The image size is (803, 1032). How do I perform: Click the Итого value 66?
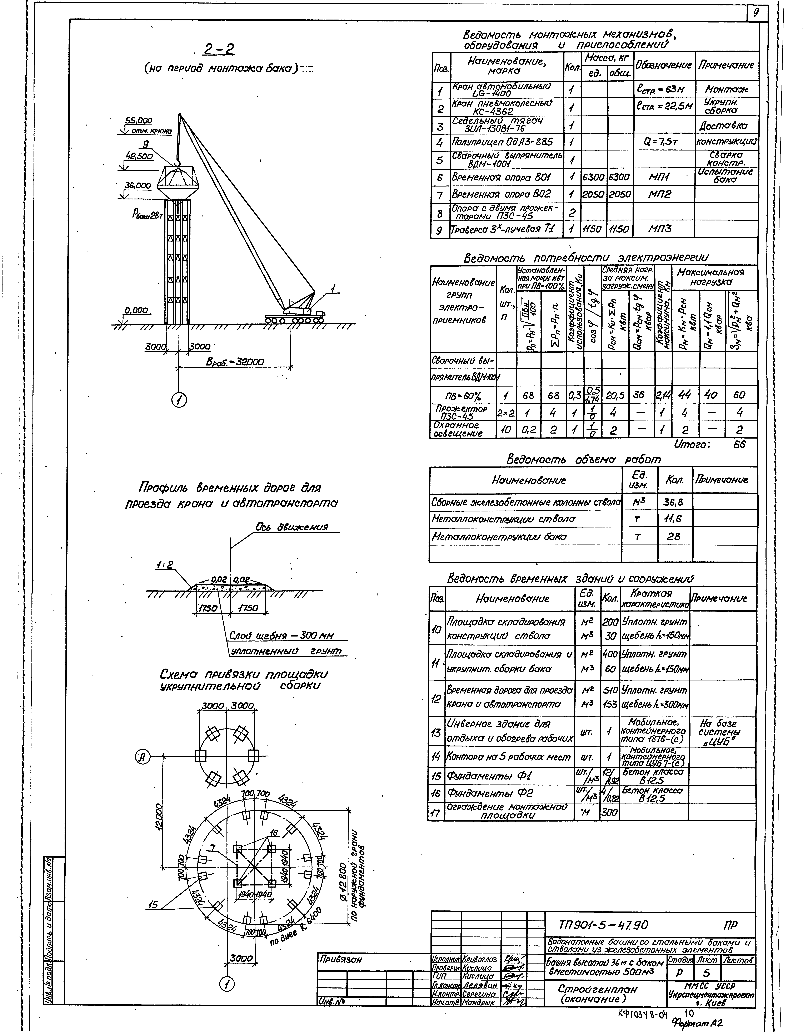click(739, 445)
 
